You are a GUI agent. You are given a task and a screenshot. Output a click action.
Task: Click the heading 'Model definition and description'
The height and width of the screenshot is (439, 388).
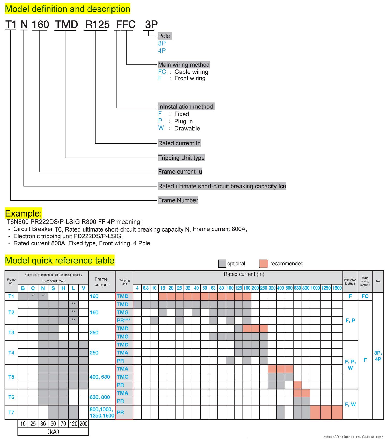tap(68, 9)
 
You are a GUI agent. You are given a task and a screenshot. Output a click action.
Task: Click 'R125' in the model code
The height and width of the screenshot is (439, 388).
tap(97, 25)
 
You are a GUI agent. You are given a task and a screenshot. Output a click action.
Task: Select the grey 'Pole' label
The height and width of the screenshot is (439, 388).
tap(164, 36)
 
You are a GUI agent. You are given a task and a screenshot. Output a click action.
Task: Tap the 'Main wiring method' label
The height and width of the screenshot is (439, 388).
tap(184, 65)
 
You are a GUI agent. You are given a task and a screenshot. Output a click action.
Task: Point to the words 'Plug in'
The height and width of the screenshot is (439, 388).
tap(183, 121)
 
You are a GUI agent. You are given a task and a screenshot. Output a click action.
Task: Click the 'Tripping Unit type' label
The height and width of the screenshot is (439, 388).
tap(181, 158)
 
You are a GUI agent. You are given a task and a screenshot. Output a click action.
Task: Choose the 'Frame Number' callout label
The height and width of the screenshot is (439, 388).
tap(178, 200)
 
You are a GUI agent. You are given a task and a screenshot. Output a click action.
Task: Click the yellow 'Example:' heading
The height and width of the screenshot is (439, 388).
tap(23, 213)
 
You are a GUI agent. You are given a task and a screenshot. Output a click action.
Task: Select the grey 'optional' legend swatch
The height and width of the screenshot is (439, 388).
tap(222, 264)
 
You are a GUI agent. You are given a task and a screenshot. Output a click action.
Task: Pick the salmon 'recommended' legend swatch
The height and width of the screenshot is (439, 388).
tap(263, 264)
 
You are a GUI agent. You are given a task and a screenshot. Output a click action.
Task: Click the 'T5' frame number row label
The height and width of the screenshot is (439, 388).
tap(11, 377)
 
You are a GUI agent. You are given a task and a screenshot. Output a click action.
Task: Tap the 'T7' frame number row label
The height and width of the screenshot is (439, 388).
tap(11, 412)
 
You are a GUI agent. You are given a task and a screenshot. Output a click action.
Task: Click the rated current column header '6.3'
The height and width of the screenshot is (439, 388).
tap(146, 288)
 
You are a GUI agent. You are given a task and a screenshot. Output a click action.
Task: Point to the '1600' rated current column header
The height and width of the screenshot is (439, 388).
tap(337, 288)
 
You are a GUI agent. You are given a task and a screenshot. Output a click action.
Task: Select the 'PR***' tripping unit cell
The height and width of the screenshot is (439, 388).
tap(123, 321)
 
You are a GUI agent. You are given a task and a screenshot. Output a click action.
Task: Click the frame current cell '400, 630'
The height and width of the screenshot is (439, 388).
tap(100, 377)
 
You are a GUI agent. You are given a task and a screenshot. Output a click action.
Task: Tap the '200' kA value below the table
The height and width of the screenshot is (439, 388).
tap(83, 424)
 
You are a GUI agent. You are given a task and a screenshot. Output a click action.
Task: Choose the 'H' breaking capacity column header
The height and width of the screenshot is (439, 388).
tap(63, 288)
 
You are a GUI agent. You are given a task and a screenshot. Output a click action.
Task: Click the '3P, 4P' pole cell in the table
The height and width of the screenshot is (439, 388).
tap(378, 356)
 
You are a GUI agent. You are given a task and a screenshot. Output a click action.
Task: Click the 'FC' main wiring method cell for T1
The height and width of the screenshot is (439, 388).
tap(365, 296)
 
